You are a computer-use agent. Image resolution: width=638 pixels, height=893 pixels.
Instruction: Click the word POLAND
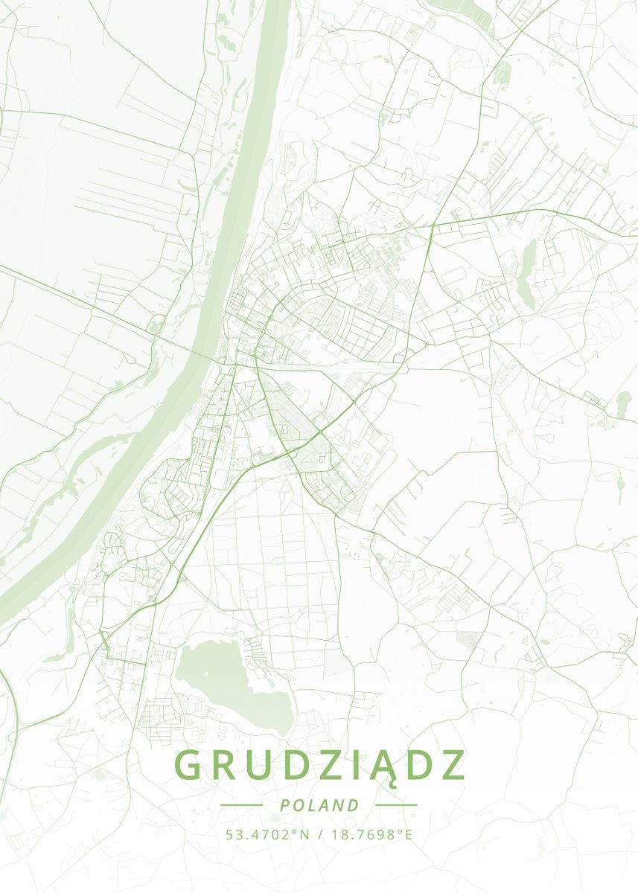[319, 805]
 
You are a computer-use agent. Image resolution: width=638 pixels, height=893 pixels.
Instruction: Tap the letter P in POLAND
[284, 805]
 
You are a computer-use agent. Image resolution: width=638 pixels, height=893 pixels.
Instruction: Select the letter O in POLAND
[297, 805]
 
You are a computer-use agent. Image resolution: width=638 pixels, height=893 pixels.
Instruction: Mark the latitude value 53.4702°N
[267, 834]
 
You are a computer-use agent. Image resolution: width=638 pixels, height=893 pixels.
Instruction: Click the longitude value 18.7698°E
[370, 834]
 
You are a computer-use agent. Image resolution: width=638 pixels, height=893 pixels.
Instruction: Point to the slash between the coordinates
[319, 834]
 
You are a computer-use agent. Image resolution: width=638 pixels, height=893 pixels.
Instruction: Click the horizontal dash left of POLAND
[242, 805]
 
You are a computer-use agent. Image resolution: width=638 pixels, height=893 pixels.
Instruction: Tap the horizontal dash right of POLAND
[396, 805]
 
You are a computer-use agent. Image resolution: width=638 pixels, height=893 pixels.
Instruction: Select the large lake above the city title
[223, 677]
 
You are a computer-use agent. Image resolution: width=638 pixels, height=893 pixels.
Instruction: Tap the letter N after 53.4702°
[304, 834]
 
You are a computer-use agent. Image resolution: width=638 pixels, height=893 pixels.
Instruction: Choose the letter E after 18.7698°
[408, 834]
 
